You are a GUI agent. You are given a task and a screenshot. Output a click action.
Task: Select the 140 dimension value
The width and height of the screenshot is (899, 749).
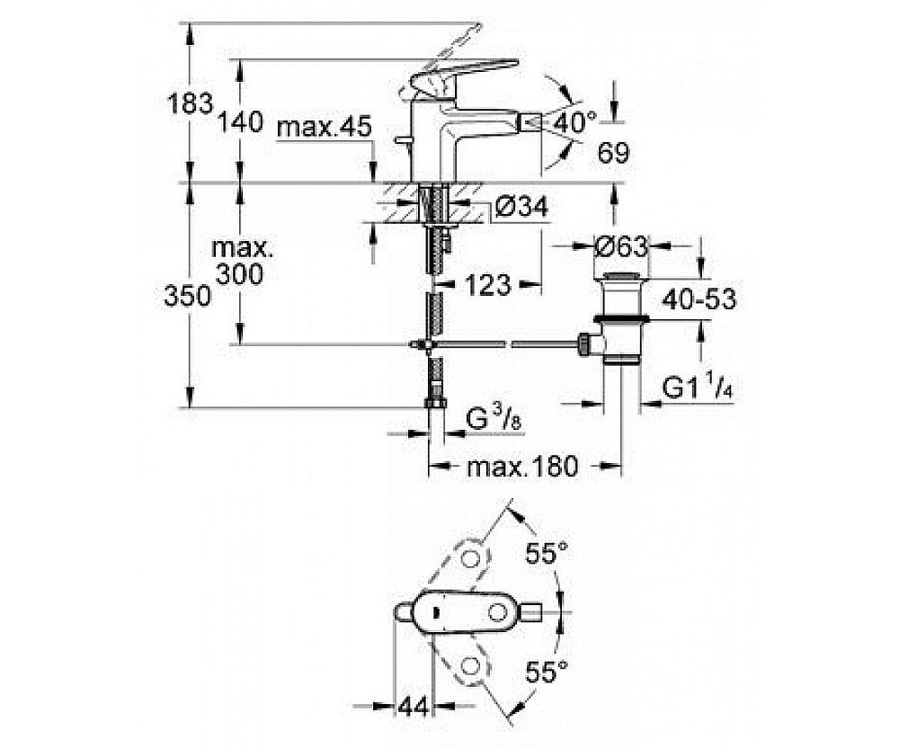(x=238, y=121)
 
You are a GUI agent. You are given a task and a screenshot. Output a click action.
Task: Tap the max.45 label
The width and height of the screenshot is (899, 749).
(x=324, y=128)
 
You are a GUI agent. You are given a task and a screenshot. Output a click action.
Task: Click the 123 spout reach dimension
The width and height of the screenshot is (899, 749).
(x=487, y=286)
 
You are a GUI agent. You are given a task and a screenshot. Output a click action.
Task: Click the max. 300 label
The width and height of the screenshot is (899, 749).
(x=239, y=261)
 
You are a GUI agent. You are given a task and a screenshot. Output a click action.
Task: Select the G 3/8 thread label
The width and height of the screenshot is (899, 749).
(x=494, y=417)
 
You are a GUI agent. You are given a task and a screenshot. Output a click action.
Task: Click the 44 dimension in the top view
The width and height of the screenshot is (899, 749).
(x=412, y=708)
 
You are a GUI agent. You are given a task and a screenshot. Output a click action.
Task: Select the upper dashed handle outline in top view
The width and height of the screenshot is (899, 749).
(x=470, y=558)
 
